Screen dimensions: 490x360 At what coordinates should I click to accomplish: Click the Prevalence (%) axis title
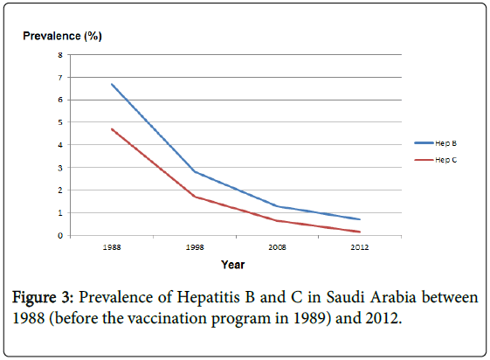pyautogui.click(x=62, y=36)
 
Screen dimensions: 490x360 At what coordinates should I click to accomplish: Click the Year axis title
pyautogui.click(x=233, y=265)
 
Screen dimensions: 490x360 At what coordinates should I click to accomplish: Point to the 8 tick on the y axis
pyautogui.click(x=60, y=55)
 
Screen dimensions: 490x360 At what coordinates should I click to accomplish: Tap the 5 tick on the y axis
pyautogui.click(x=60, y=122)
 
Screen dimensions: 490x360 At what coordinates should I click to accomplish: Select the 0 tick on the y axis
pyautogui.click(x=60, y=236)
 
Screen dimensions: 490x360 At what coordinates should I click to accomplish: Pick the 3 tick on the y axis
pyautogui.click(x=60, y=168)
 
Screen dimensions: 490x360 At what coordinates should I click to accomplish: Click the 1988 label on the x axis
pyautogui.click(x=112, y=247)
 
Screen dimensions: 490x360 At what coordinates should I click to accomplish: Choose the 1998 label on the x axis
pyautogui.click(x=195, y=247)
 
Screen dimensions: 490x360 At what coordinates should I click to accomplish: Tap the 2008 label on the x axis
pyautogui.click(x=277, y=247)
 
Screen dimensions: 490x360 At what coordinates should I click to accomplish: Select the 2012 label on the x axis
pyautogui.click(x=360, y=247)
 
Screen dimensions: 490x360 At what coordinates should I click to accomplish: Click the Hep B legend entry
pyautogui.click(x=436, y=143)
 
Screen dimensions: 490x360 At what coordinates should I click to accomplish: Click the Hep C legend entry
pyautogui.click(x=436, y=160)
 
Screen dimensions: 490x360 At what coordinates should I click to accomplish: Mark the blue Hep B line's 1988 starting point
pyautogui.click(x=112, y=84)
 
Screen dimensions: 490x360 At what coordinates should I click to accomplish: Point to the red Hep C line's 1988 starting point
pyautogui.click(x=112, y=129)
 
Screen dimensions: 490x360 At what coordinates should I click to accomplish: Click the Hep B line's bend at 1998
pyautogui.click(x=195, y=171)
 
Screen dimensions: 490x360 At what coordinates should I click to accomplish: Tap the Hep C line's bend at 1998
pyautogui.click(x=195, y=197)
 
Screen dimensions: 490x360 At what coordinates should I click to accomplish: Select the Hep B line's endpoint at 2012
pyautogui.click(x=360, y=219)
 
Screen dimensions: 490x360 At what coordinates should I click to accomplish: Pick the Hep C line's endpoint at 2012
pyautogui.click(x=360, y=232)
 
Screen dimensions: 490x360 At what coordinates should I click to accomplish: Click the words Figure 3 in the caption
pyautogui.click(x=42, y=297)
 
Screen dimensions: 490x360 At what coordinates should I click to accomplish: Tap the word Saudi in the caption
pyautogui.click(x=345, y=297)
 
